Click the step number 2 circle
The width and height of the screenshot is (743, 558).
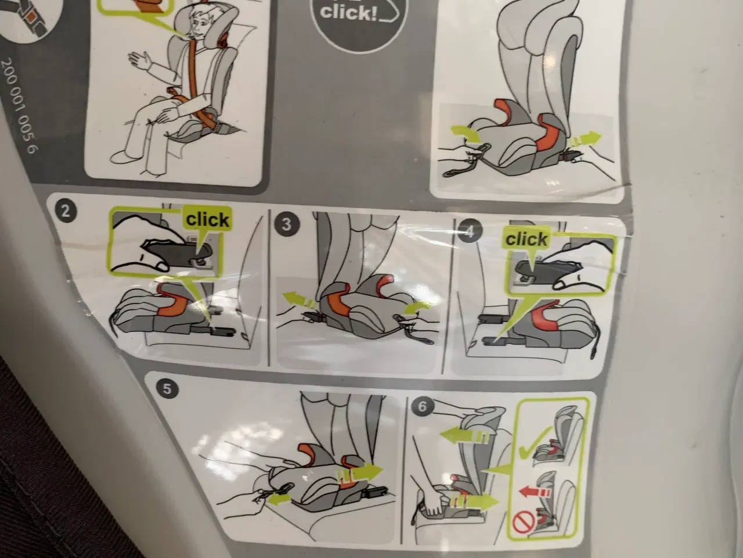tap(65, 211)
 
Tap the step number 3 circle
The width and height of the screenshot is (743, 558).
tap(284, 224)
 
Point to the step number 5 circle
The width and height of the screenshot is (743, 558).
tap(167, 389)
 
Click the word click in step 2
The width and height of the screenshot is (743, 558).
tap(207, 219)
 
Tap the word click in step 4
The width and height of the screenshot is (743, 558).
tap(526, 239)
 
